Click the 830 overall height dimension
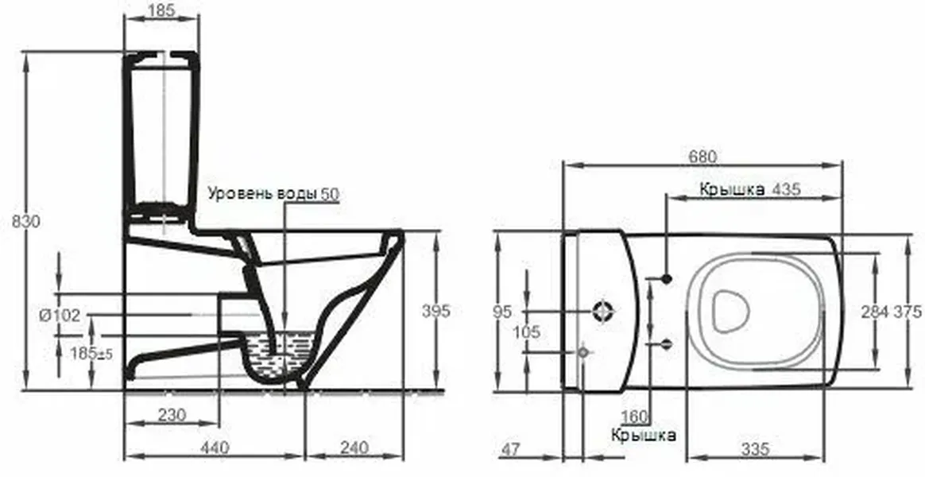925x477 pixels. [x=26, y=221]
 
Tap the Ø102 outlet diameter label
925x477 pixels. [x=59, y=316]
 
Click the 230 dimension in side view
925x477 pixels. [x=172, y=414]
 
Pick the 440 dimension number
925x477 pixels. [x=215, y=448]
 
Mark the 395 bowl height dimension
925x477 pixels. [x=436, y=311]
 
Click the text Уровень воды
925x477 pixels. [x=262, y=193]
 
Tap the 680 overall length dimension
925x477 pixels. [x=702, y=157]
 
